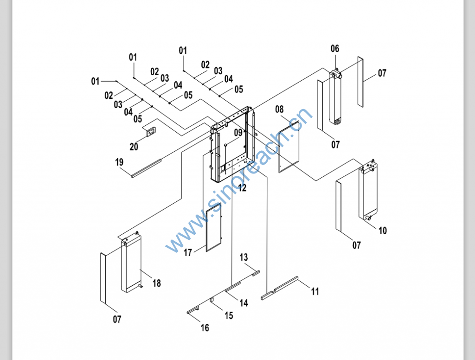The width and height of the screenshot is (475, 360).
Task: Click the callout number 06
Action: click(335, 49)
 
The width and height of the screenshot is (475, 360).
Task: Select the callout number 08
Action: click(279, 109)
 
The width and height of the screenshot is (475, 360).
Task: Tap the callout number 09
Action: click(238, 133)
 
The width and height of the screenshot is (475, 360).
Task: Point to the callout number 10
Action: click(382, 231)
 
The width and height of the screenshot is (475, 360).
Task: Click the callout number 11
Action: click(315, 291)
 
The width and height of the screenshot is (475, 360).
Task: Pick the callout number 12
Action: click(242, 188)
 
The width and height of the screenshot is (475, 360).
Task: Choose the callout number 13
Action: click(244, 257)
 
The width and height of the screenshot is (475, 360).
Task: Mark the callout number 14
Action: click(244, 303)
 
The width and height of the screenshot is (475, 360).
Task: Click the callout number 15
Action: click(229, 315)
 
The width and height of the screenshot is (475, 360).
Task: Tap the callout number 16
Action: click(205, 328)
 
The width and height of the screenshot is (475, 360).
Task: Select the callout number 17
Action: click(188, 253)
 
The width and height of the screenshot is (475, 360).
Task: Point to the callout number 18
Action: click(157, 283)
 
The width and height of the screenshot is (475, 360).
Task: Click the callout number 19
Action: click(119, 162)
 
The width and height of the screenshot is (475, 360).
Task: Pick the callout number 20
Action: click(134, 147)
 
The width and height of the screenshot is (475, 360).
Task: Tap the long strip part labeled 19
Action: click(146, 168)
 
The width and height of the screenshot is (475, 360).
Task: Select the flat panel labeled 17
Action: click(213, 230)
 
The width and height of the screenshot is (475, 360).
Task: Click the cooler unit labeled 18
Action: click(131, 264)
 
